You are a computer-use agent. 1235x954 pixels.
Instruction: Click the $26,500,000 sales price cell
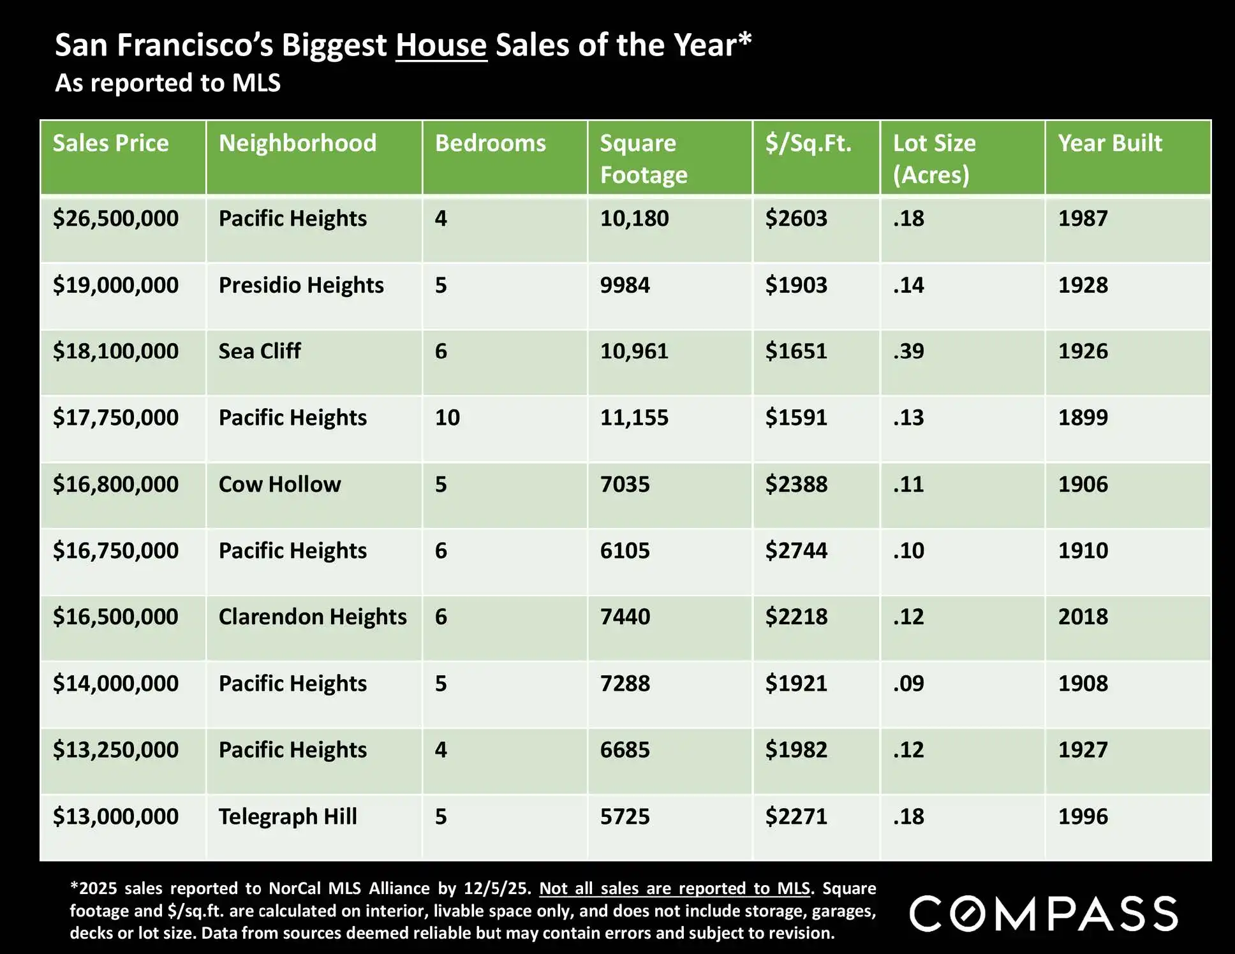point(115,219)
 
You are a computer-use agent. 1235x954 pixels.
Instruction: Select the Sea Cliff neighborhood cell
point(259,351)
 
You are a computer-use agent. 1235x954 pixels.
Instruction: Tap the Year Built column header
point(1109,143)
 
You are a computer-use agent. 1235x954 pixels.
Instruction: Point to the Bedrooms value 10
point(447,418)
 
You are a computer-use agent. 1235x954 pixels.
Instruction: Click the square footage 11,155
point(634,418)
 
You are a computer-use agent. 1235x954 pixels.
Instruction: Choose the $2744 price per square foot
point(796,551)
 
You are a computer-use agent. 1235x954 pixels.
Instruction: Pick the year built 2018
point(1083,617)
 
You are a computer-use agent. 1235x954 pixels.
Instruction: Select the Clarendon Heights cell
point(313,617)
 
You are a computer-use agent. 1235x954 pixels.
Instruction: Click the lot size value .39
point(908,351)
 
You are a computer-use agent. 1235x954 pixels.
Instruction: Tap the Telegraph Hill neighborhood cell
point(288,817)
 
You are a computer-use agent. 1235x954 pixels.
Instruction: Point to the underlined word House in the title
point(441,46)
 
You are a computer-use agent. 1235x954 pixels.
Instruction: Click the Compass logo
point(1043,914)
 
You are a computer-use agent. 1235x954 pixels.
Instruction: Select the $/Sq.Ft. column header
point(808,143)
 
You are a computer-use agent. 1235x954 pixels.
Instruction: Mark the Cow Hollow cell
point(279,485)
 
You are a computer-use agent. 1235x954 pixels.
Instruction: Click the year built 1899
point(1083,418)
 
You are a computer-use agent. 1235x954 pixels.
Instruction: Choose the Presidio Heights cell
point(301,285)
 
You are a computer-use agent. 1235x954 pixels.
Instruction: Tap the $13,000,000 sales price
point(115,817)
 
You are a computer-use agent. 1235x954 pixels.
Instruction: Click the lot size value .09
point(908,684)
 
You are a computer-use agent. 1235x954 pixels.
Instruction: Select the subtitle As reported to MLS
point(168,84)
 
